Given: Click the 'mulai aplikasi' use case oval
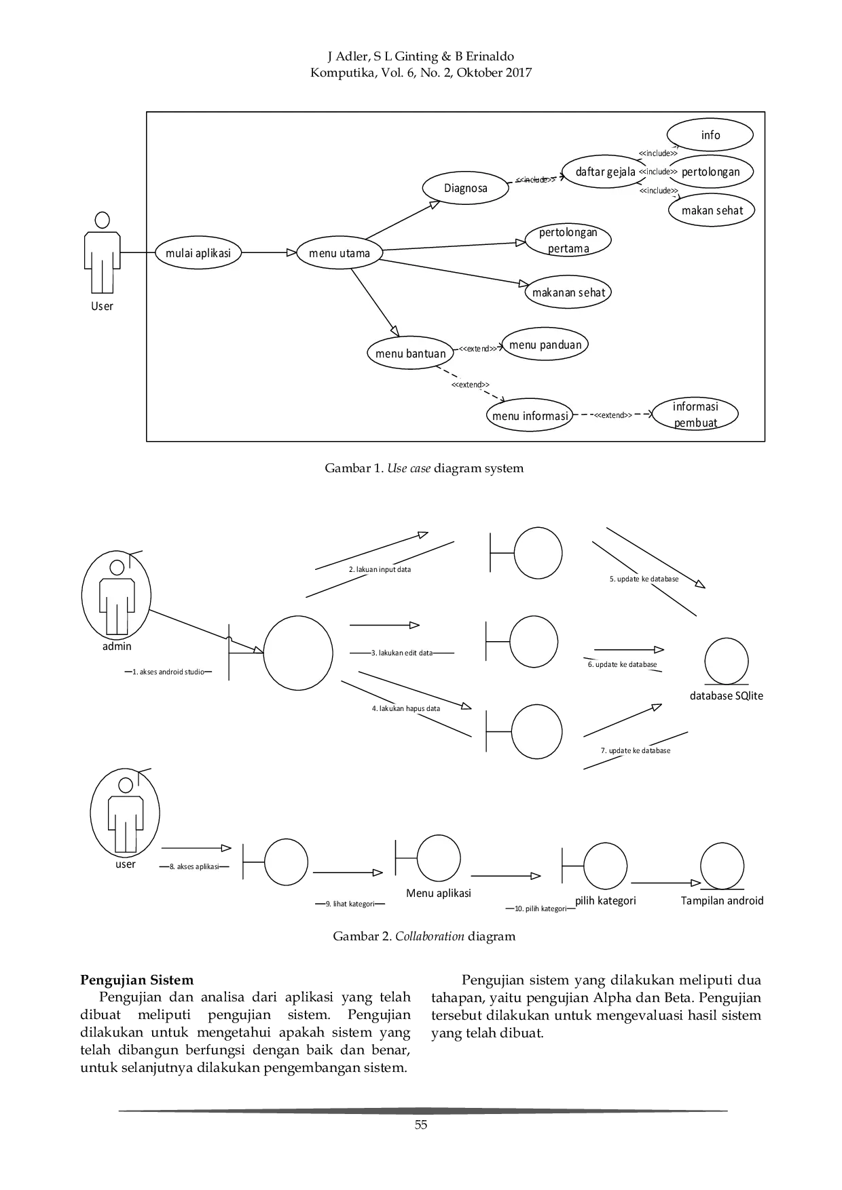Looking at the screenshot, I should (198, 253).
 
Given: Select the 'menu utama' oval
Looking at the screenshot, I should (340, 253).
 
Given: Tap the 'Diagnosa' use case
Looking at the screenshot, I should (466, 188).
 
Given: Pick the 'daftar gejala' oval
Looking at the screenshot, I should (605, 172).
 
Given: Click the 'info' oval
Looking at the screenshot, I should (710, 135).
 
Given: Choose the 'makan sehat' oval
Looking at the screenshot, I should (712, 210).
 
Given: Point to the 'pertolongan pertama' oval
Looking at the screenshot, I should (568, 240).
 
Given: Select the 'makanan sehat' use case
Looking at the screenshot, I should (568, 292).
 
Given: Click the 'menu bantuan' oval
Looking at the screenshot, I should (410, 353).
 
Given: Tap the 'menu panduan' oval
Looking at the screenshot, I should (545, 345).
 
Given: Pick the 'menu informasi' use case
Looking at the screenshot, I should (530, 416).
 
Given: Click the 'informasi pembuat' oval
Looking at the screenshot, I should (695, 415).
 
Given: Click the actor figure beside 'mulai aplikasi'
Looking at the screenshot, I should (102, 258).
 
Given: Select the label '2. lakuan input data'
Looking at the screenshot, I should (380, 570).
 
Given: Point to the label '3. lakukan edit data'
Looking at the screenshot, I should (402, 653).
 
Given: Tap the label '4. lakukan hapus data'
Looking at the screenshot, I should (405, 708).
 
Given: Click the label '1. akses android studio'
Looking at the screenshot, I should (168, 672).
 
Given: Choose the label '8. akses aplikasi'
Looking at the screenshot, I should (195, 866).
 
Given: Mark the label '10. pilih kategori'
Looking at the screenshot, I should (540, 908).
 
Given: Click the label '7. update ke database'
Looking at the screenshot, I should (636, 750).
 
